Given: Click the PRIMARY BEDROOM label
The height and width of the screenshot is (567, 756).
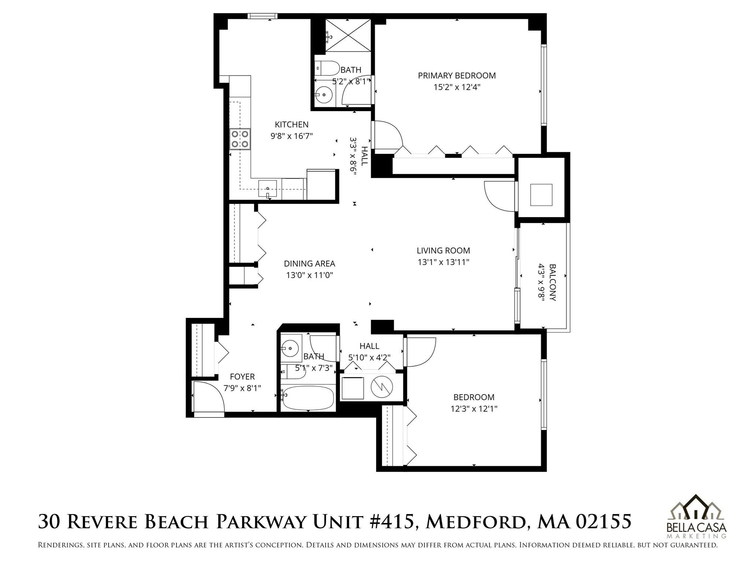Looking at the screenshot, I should (457, 76).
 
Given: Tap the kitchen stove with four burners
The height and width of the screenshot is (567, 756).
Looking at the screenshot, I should (240, 139).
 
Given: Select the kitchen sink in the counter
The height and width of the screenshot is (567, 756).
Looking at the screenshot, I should (268, 189).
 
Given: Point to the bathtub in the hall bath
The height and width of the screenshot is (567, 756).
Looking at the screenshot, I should (307, 398).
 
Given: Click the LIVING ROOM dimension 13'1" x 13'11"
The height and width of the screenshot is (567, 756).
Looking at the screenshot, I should (443, 262).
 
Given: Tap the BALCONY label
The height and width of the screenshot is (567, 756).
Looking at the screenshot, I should (552, 282).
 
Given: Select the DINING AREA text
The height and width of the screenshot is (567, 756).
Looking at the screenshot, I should (309, 264).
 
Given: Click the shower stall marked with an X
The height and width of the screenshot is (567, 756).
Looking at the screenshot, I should (348, 35).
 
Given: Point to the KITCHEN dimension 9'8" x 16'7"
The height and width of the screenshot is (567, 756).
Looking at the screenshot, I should (292, 136).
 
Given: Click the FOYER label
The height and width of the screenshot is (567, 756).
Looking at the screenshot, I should (242, 377).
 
